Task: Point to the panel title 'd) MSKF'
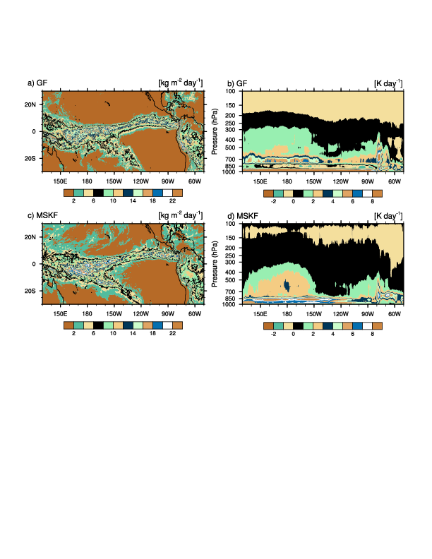pos(241,217)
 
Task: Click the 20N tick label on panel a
pos(31,104)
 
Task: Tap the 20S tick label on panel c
pos(31,291)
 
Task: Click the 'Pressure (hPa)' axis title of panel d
pos(213,264)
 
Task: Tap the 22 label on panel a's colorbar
pos(172,201)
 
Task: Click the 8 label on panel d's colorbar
pos(372,334)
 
